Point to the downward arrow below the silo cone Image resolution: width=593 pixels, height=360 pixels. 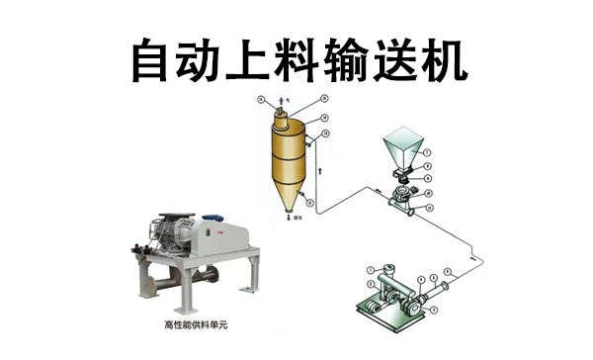(287, 223)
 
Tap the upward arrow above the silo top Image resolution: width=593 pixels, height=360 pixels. (280, 101)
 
